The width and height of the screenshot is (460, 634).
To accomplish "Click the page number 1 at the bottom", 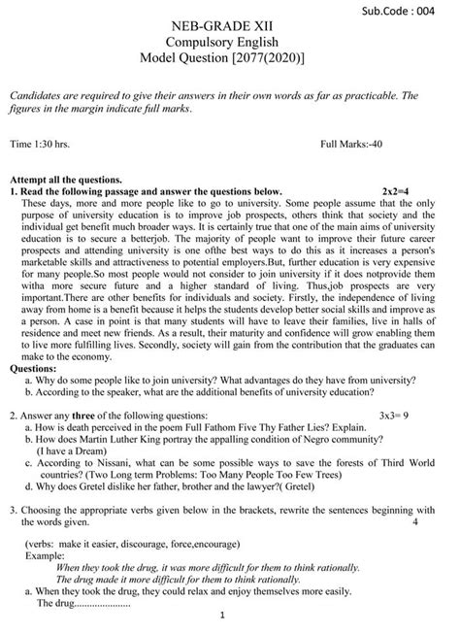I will click(222, 615).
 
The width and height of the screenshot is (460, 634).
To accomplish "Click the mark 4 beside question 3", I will click(414, 521).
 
